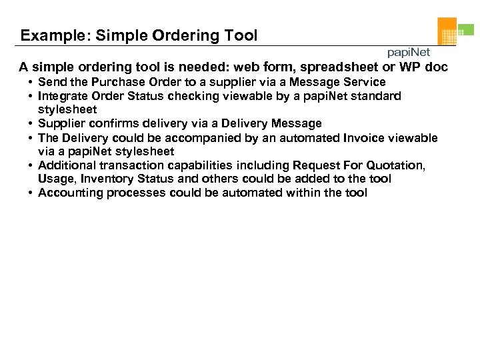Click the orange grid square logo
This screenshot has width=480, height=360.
447,31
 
